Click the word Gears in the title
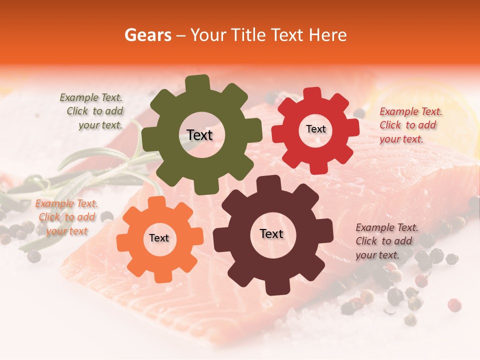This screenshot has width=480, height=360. click(147, 35)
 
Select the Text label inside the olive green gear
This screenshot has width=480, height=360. click(199, 135)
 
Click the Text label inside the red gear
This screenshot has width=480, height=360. click(315, 129)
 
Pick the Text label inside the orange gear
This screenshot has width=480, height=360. click(159, 238)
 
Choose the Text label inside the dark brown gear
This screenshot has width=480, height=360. click(271, 233)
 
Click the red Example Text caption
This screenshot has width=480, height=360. click(410, 125)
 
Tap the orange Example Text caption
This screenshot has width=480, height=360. click(66, 217)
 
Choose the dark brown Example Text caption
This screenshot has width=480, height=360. click(386, 241)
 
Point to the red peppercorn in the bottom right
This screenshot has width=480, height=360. click(454, 305)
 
